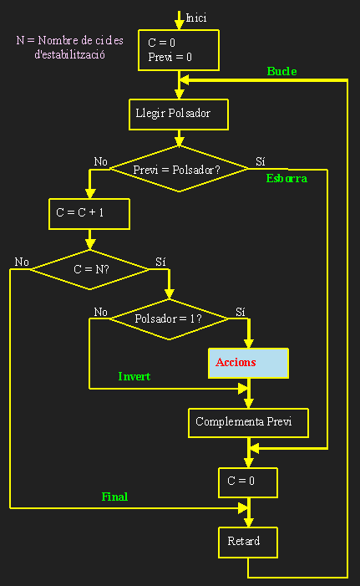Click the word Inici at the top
point(196,18)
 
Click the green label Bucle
point(281,71)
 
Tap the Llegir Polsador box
point(177,113)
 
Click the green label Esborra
point(286,178)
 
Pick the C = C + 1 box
point(89,213)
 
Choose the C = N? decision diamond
point(90,269)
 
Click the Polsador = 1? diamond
point(169,318)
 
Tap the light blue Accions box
point(248,363)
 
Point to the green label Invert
point(134,376)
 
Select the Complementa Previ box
point(248,421)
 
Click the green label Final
point(114,496)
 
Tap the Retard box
point(248,542)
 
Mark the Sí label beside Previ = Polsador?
point(260,161)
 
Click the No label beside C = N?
point(22,262)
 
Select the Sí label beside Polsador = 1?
point(241,312)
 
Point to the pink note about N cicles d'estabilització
point(70,47)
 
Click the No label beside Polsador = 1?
point(101,312)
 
